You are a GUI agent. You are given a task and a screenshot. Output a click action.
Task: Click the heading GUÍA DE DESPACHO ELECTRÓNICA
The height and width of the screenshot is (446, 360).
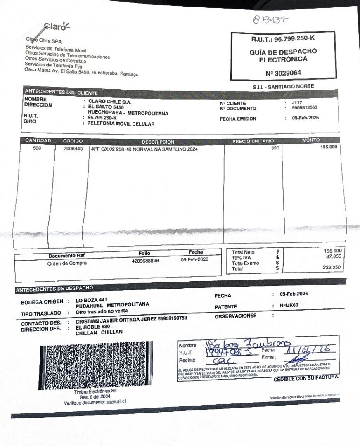point(283,55)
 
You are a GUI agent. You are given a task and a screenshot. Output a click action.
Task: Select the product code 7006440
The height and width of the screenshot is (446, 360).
point(73,149)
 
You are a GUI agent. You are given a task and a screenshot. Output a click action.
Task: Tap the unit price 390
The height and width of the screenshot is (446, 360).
point(275,148)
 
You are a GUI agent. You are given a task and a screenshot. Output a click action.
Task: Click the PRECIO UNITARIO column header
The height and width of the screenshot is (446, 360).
point(253,141)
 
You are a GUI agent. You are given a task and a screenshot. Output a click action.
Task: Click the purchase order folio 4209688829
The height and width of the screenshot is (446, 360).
point(145,261)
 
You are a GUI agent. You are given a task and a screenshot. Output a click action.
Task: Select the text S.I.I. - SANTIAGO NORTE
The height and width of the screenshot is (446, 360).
point(283,86)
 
